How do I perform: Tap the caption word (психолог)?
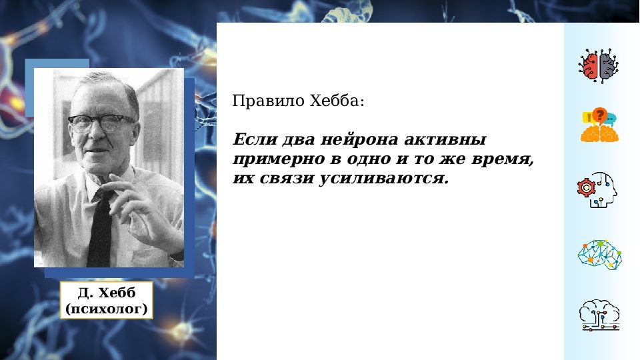[107, 309]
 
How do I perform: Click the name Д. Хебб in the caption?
[107, 294]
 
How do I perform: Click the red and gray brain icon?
[598, 65]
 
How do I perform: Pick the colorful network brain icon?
[599, 254]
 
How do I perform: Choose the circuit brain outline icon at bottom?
[599, 315]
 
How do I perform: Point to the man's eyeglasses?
[99, 122]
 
